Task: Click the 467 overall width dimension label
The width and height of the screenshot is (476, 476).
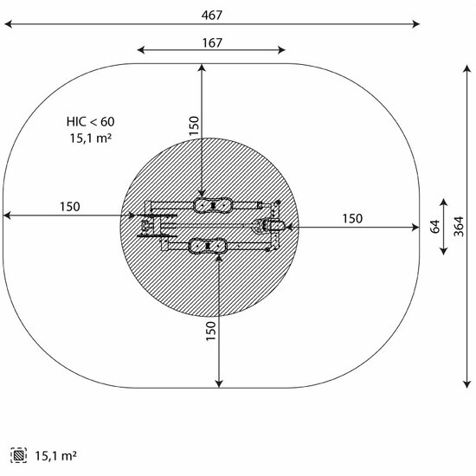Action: coord(211,15)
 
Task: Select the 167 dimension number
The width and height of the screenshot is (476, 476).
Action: coord(212,42)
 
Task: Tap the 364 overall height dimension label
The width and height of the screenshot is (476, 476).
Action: coord(459,227)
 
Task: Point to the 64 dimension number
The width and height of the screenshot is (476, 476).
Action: coord(434,227)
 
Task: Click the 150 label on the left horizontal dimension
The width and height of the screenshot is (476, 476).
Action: coord(70,207)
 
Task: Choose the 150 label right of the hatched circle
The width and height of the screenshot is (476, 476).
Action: coord(352,219)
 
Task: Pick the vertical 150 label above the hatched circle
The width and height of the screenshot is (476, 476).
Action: coord(194,125)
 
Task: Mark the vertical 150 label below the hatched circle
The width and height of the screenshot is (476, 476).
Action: coord(210,331)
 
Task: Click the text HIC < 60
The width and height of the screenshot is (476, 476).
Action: coord(91,122)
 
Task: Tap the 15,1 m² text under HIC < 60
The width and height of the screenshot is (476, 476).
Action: coord(91,138)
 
